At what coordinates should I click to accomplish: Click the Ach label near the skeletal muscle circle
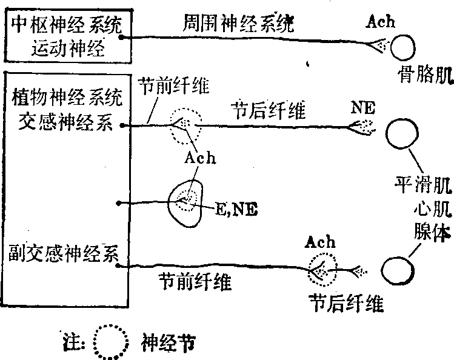381,23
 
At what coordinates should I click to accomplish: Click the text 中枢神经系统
66,25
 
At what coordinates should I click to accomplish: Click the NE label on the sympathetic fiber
363,109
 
